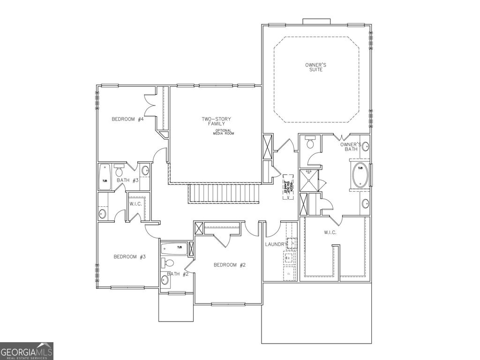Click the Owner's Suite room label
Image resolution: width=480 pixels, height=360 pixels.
pyautogui.click(x=315, y=67)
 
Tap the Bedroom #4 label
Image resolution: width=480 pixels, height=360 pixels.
pyautogui.click(x=127, y=119)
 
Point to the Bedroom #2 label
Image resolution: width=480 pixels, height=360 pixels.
pyautogui.click(x=230, y=265)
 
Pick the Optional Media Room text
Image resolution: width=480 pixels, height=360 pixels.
pyautogui.click(x=224, y=132)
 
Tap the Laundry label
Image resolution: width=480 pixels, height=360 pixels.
pyautogui.click(x=276, y=244)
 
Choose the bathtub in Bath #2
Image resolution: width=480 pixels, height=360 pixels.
pyautogui.click(x=174, y=248)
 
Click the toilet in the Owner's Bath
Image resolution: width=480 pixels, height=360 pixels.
pyautogui.click(x=310, y=142)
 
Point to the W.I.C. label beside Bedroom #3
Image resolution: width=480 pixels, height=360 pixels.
pyautogui.click(x=136, y=203)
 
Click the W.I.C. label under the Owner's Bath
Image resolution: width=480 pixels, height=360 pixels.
pyautogui.click(x=330, y=232)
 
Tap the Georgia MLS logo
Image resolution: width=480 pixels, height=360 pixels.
pyautogui.click(x=27, y=351)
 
